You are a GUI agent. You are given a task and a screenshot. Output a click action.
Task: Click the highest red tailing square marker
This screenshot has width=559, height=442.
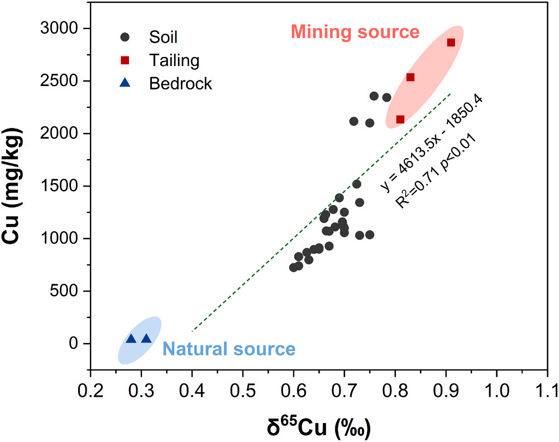tap(451, 42)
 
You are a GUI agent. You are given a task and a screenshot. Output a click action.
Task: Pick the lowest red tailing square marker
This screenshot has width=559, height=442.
tap(400, 119)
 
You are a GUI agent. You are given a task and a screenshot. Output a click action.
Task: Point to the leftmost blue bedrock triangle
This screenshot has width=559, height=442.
tap(131, 339)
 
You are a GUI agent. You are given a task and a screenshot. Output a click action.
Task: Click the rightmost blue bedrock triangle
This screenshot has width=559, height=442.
tap(146, 339)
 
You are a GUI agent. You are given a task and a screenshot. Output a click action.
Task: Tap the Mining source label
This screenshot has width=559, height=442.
tap(355, 32)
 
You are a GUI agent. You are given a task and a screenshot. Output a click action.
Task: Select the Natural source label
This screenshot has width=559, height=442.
tap(228, 350)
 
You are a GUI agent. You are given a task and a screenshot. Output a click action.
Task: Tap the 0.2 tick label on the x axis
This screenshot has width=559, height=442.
tap(90, 388)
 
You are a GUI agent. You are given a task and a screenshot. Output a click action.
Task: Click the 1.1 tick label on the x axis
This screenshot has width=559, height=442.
tap(547, 388)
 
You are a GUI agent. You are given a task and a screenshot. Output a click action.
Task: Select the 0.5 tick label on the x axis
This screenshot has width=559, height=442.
tap(243, 388)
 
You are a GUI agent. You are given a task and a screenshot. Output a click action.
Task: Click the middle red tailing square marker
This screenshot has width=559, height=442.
tap(410, 77)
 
